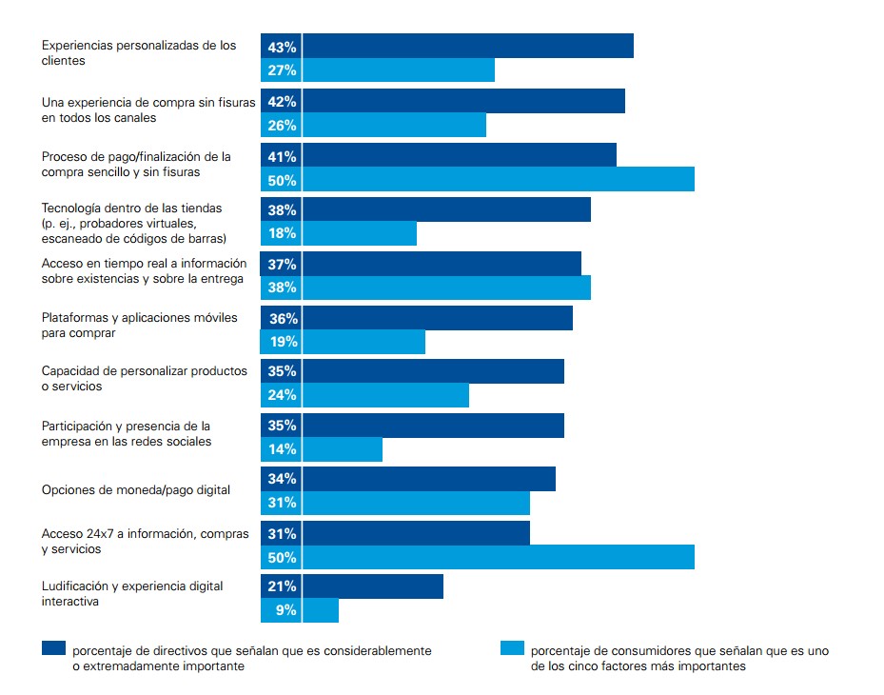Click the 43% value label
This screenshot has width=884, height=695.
point(282,47)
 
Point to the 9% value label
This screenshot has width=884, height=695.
point(285,610)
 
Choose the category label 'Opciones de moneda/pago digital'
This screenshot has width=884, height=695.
point(136,490)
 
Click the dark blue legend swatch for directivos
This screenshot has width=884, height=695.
point(54,649)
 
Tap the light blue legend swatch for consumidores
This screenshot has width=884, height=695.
point(512,649)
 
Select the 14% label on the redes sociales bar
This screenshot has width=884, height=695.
point(282,449)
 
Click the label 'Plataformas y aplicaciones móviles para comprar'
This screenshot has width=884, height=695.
point(140,326)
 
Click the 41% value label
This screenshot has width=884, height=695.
point(282,156)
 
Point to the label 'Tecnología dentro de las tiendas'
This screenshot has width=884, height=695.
point(132,208)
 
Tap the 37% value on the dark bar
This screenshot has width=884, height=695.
point(282,264)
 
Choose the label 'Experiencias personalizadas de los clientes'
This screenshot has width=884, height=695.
point(139,52)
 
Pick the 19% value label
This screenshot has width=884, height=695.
point(282,342)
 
